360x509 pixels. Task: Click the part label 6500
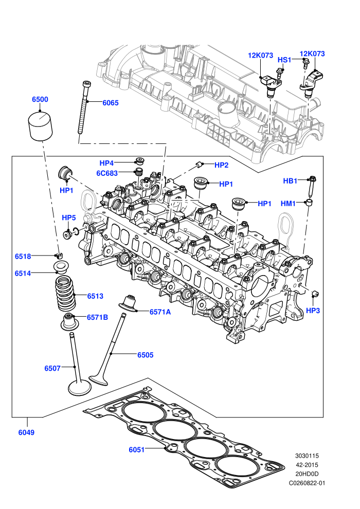click(40, 99)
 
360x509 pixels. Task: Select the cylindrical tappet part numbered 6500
click(41, 126)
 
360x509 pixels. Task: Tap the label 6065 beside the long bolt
click(111, 103)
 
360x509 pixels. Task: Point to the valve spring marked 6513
click(66, 294)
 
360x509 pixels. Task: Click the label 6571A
click(160, 312)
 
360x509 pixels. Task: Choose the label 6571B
click(97, 317)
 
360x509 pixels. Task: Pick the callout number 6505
click(145, 355)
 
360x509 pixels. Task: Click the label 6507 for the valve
click(52, 368)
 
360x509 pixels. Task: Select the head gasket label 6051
click(136, 449)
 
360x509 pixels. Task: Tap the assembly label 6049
click(26, 432)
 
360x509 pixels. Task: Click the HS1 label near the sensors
click(284, 60)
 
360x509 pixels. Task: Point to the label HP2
click(221, 165)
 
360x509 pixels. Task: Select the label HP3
click(313, 311)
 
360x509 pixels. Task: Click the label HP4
click(106, 163)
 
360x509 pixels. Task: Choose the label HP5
click(68, 217)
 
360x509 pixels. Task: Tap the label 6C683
click(107, 173)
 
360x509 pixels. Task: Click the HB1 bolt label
click(290, 181)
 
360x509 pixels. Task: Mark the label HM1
click(288, 204)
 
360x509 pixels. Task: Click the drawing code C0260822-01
click(307, 483)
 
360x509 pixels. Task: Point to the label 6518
click(23, 257)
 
